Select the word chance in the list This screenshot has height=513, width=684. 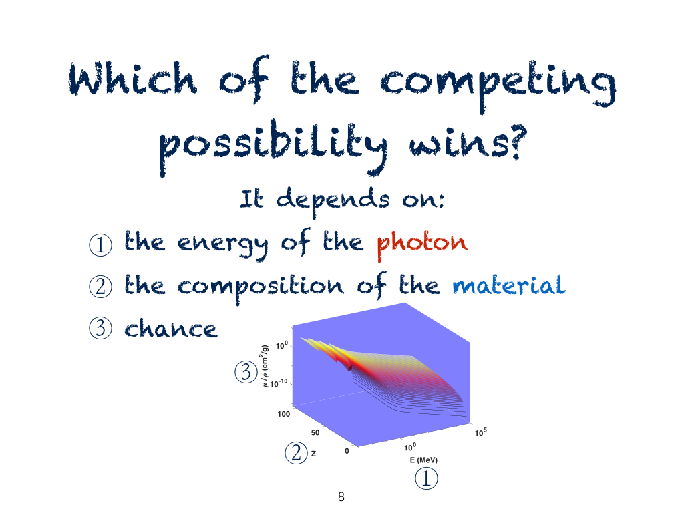tap(170, 328)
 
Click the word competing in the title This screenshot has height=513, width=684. tap(498, 85)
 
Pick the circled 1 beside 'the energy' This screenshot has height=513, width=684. tap(100, 244)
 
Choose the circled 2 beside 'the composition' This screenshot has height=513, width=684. tap(100, 287)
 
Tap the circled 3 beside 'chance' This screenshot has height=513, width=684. tap(100, 328)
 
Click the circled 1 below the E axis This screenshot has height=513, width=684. tap(426, 478)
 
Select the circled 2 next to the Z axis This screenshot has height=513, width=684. tap(296, 452)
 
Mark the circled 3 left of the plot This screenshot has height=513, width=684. tap(246, 373)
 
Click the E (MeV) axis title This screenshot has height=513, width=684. tap(423, 460)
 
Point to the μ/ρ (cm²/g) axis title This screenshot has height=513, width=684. tap(265, 366)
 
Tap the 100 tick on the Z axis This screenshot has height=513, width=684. tap(283, 414)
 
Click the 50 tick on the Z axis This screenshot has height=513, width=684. tap(315, 432)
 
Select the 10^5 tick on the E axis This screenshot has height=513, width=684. tap(481, 432)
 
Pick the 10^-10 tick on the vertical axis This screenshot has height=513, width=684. tap(279, 383)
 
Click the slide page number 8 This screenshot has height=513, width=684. tap(341, 496)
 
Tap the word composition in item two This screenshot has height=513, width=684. tap(261, 287)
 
